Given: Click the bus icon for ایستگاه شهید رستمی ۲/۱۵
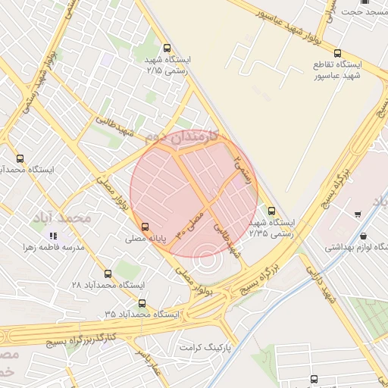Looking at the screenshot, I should coord(167,48).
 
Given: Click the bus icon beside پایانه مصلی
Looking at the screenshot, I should coord(145,226).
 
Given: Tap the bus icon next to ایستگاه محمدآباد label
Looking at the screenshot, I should coord(20,158).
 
